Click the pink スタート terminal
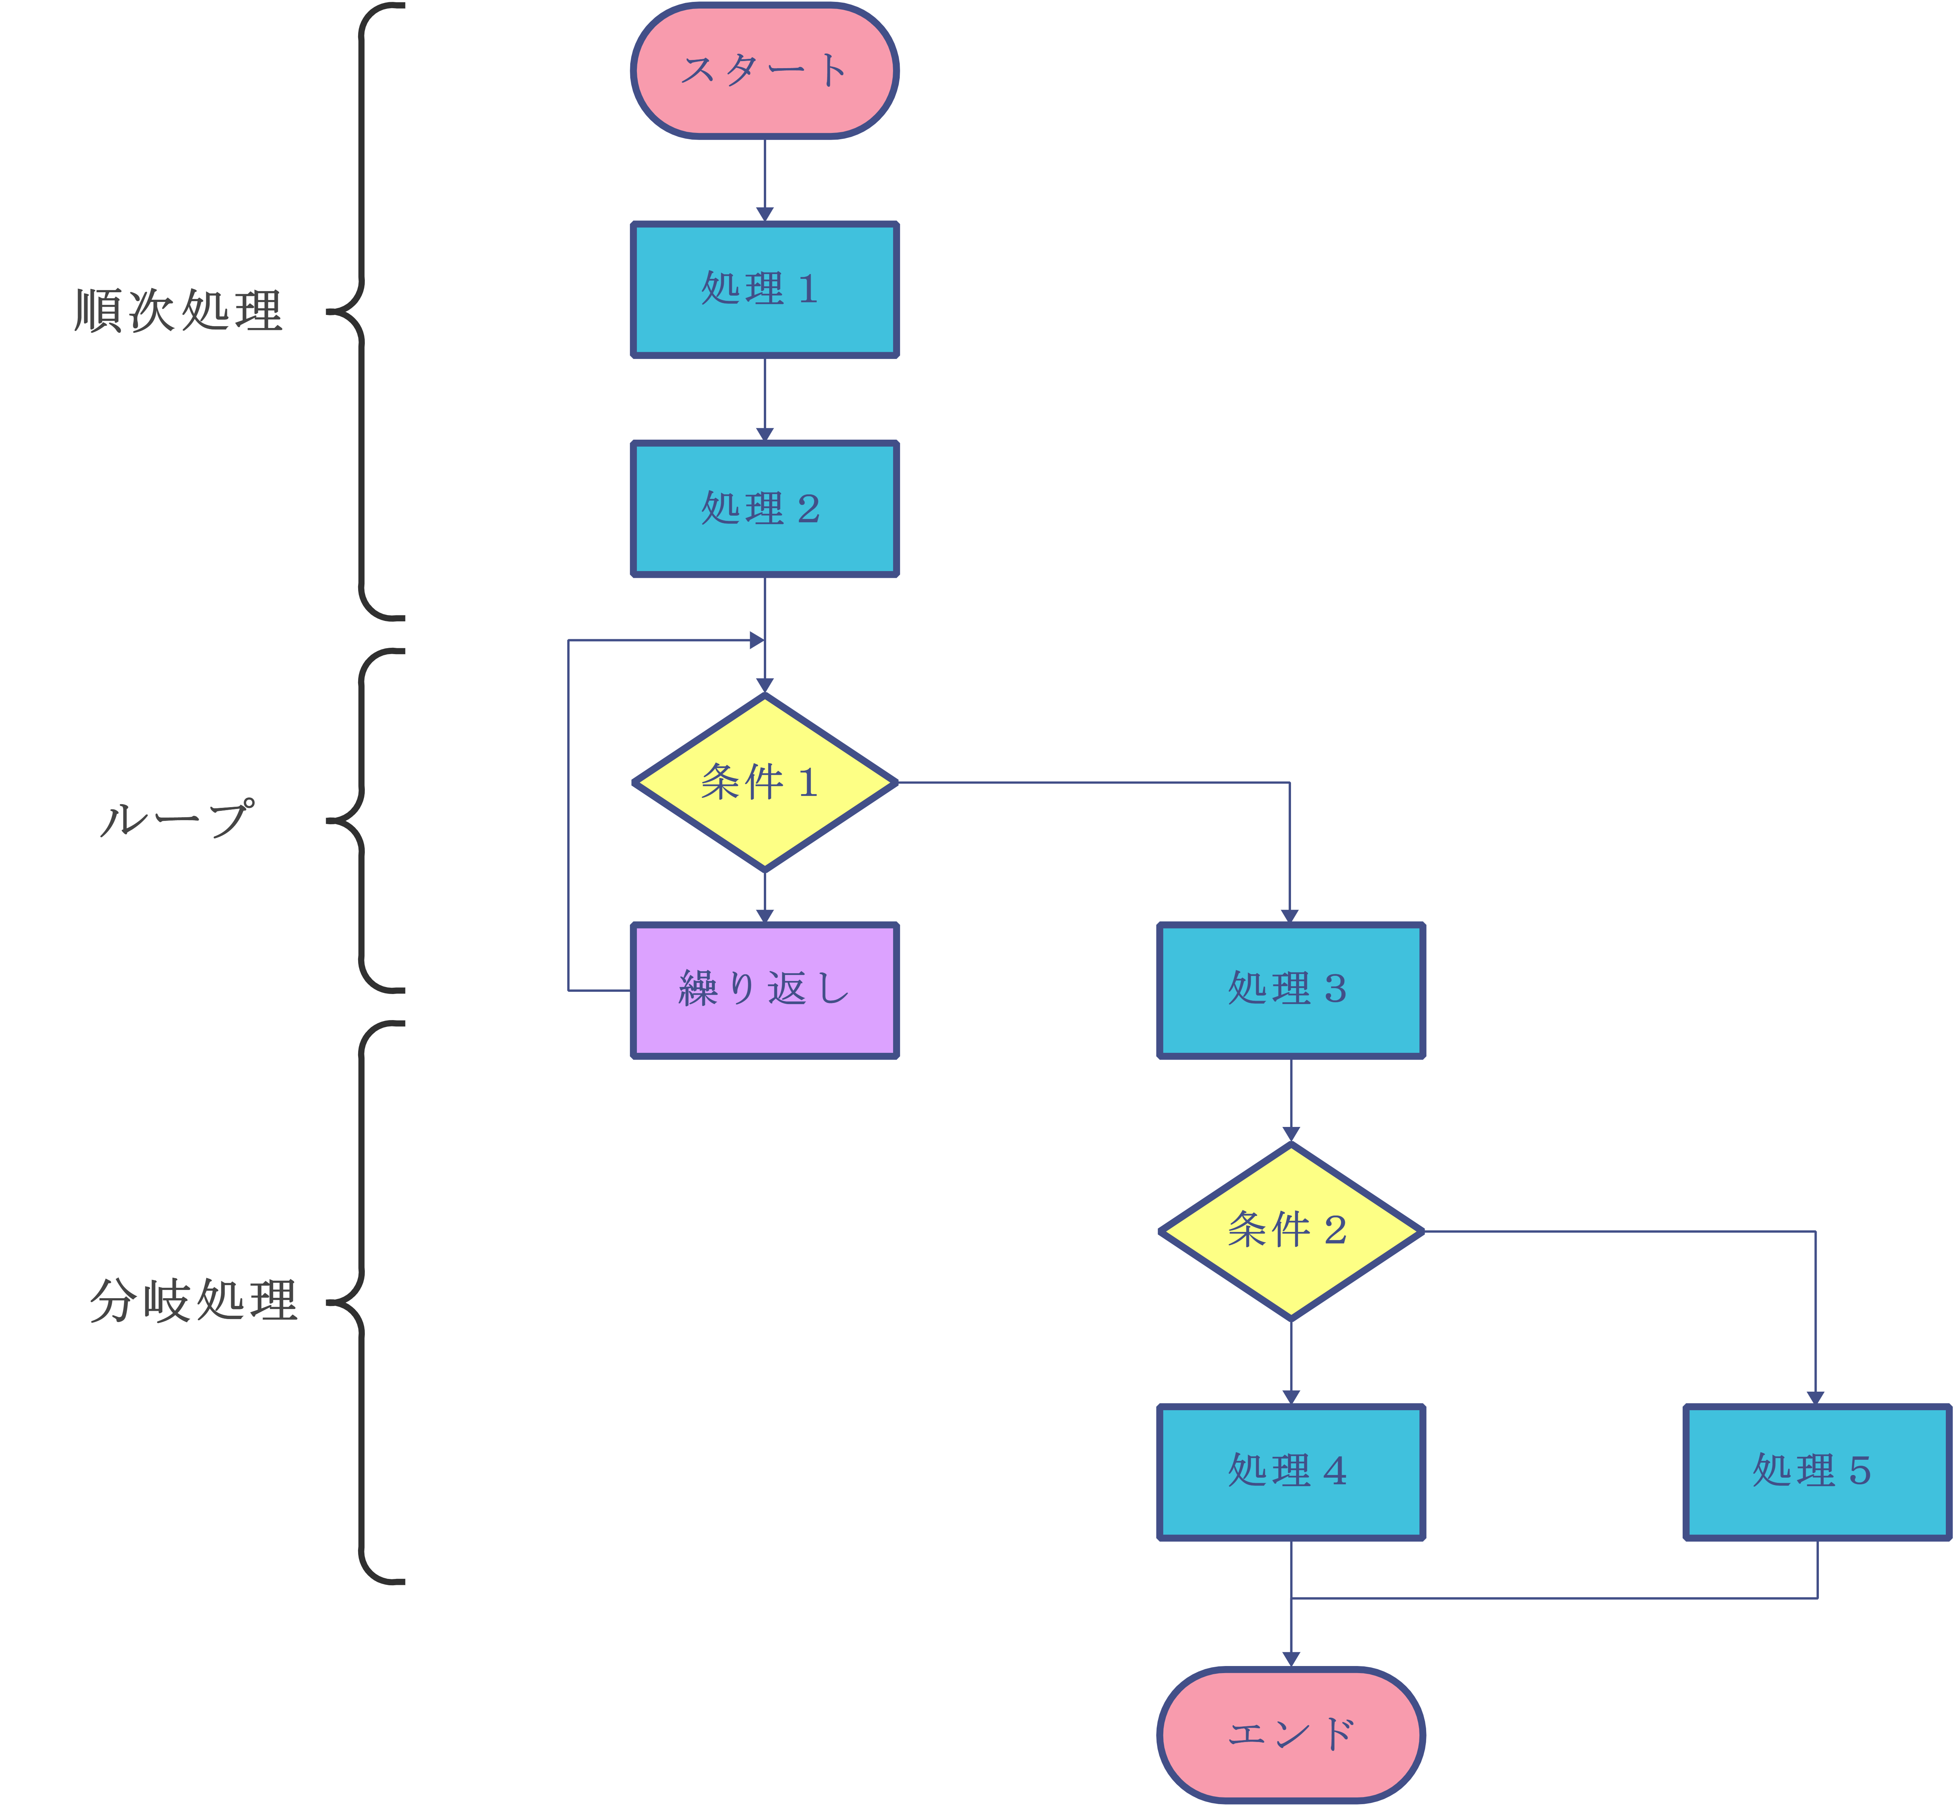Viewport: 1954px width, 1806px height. (764, 70)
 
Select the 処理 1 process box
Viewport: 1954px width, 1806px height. (764, 289)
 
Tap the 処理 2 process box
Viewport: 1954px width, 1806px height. (764, 508)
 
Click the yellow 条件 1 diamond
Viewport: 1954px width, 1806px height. (764, 782)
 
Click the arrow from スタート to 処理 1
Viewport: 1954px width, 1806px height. (764, 181)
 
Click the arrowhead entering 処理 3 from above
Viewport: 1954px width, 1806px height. (1290, 916)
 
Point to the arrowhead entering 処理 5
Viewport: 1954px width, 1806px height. (1815, 1398)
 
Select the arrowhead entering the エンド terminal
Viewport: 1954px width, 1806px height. (1291, 1659)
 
